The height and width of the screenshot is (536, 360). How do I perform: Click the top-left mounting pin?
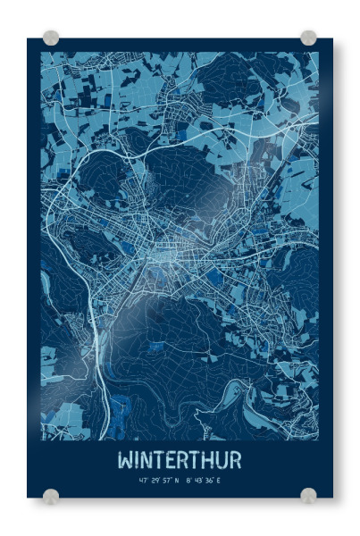pyautogui.click(x=51, y=38)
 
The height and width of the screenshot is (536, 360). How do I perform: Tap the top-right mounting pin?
pyautogui.click(x=308, y=38)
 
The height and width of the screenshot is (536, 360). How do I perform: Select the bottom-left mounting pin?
pyautogui.click(x=51, y=496)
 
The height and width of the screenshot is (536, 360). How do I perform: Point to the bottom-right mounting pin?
pyautogui.click(x=308, y=496)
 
